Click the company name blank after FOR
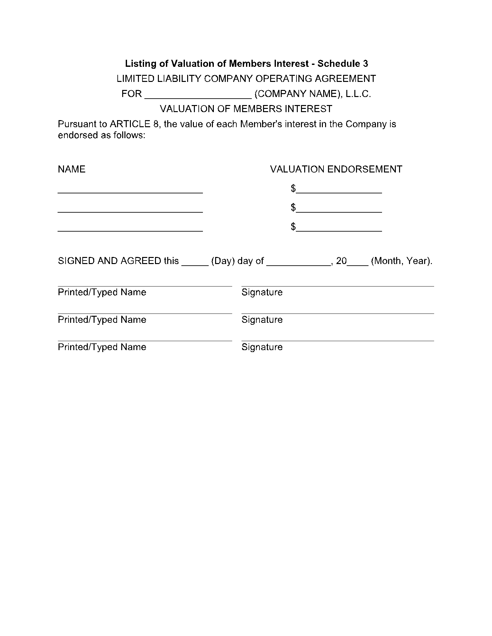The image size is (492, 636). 198,95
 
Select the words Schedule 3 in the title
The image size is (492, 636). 342,64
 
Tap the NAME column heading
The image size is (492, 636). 71,169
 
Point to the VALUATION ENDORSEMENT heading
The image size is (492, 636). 336,169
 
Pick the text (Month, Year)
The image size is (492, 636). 401,261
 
